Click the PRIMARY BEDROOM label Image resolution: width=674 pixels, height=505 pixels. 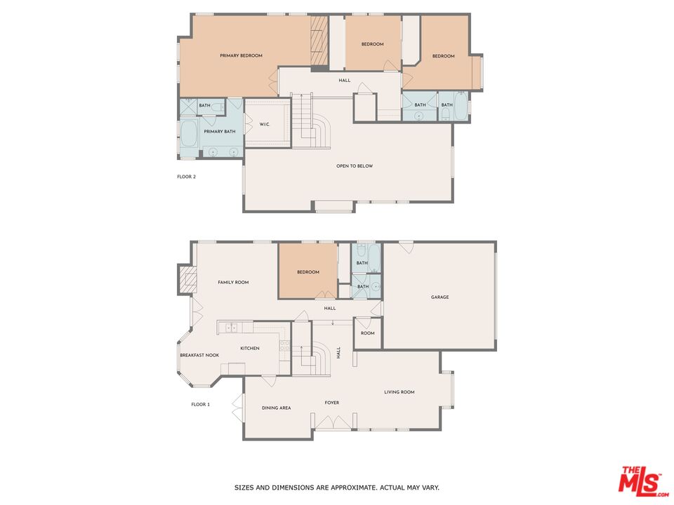pyautogui.click(x=241, y=55)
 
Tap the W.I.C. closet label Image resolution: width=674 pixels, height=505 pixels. pyautogui.click(x=265, y=125)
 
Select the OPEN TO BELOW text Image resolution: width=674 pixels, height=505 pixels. pyautogui.click(x=355, y=166)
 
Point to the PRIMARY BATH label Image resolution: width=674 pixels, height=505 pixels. pyautogui.click(x=219, y=132)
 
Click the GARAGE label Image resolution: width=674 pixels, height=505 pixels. pyautogui.click(x=440, y=297)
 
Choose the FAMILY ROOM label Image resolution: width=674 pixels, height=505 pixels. pyautogui.click(x=233, y=283)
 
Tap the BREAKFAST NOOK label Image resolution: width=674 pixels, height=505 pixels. pyautogui.click(x=199, y=355)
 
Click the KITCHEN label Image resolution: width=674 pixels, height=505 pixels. pyautogui.click(x=250, y=349)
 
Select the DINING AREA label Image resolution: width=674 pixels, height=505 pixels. pyautogui.click(x=276, y=408)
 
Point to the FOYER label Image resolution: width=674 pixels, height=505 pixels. pyautogui.click(x=332, y=403)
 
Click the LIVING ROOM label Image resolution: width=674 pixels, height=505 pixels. pyautogui.click(x=399, y=392)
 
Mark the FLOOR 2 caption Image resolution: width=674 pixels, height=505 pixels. pyautogui.click(x=186, y=177)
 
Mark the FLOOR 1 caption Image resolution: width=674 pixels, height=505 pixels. pyautogui.click(x=201, y=405)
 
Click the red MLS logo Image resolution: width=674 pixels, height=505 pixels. pyautogui.click(x=640, y=481)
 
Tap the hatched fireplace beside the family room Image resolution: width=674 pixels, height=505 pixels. pyautogui.click(x=187, y=280)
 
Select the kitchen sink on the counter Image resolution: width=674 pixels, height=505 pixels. pyautogui.click(x=230, y=327)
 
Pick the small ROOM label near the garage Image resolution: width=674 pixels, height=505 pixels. pyautogui.click(x=368, y=333)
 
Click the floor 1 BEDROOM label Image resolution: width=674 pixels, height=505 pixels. pyautogui.click(x=308, y=272)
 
